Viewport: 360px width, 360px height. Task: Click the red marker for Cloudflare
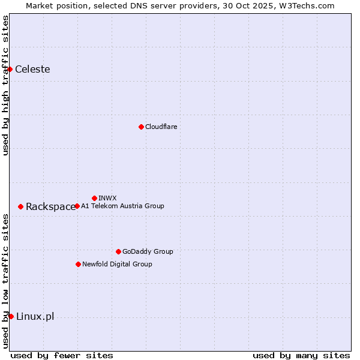pyautogui.click(x=141, y=127)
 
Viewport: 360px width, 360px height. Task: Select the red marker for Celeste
pyautogui.click(x=10, y=69)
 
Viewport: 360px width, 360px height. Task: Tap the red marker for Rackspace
pyautogui.click(x=20, y=206)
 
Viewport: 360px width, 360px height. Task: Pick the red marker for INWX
pyautogui.click(x=94, y=198)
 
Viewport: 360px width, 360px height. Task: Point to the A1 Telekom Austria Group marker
pyautogui.click(x=77, y=206)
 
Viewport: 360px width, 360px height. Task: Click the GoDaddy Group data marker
pyautogui.click(x=118, y=251)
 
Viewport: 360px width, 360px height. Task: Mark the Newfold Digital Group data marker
pyautogui.click(x=78, y=264)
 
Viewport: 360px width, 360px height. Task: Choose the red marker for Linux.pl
pyautogui.click(x=11, y=316)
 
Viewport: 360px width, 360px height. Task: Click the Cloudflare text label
pyautogui.click(x=161, y=127)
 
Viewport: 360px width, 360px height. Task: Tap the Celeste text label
pyautogui.click(x=32, y=69)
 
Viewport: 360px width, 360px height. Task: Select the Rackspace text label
pyautogui.click(x=50, y=207)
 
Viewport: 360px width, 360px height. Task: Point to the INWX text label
pyautogui.click(x=107, y=198)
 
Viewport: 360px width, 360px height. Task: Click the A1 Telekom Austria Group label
pyautogui.click(x=122, y=206)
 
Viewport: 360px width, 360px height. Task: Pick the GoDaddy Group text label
pyautogui.click(x=148, y=251)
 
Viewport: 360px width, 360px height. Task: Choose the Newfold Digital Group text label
pyautogui.click(x=117, y=264)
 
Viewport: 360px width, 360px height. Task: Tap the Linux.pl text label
pyautogui.click(x=35, y=317)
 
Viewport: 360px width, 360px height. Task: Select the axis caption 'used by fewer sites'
pyautogui.click(x=62, y=355)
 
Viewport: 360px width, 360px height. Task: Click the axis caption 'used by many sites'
pyautogui.click(x=301, y=355)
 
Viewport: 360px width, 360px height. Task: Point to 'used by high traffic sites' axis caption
pyautogui.click(x=5, y=85)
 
